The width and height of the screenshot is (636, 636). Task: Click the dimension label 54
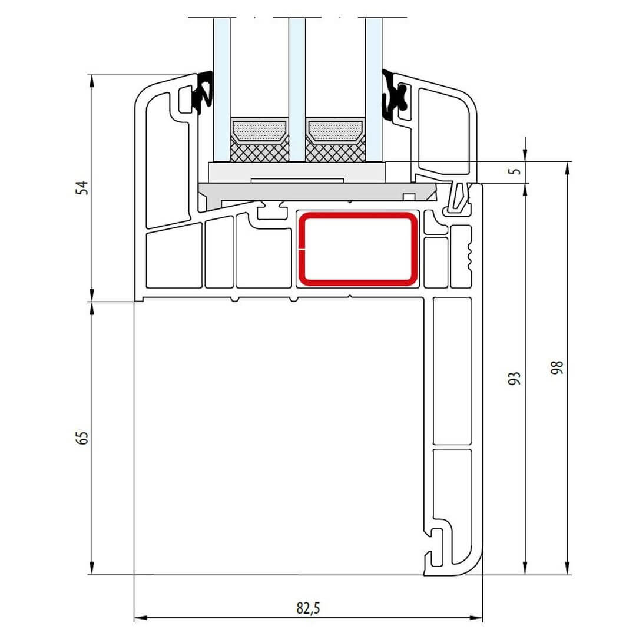[82, 187]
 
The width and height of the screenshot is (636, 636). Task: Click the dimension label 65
[82, 438]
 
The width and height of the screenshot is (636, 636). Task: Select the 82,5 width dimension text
[308, 608]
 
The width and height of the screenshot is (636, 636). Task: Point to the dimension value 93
[514, 379]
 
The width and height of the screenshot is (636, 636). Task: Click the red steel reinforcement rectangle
[358, 249]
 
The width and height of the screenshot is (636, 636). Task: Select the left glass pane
[221, 90]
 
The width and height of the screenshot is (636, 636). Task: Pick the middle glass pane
[297, 90]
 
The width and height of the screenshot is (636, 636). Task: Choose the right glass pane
[373, 90]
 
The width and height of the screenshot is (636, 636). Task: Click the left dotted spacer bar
[259, 131]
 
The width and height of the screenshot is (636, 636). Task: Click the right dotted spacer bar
[335, 131]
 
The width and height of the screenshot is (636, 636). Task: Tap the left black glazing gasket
[203, 92]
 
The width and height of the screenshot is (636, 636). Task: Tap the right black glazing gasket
[393, 94]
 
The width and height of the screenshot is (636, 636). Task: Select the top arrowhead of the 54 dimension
[92, 80]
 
